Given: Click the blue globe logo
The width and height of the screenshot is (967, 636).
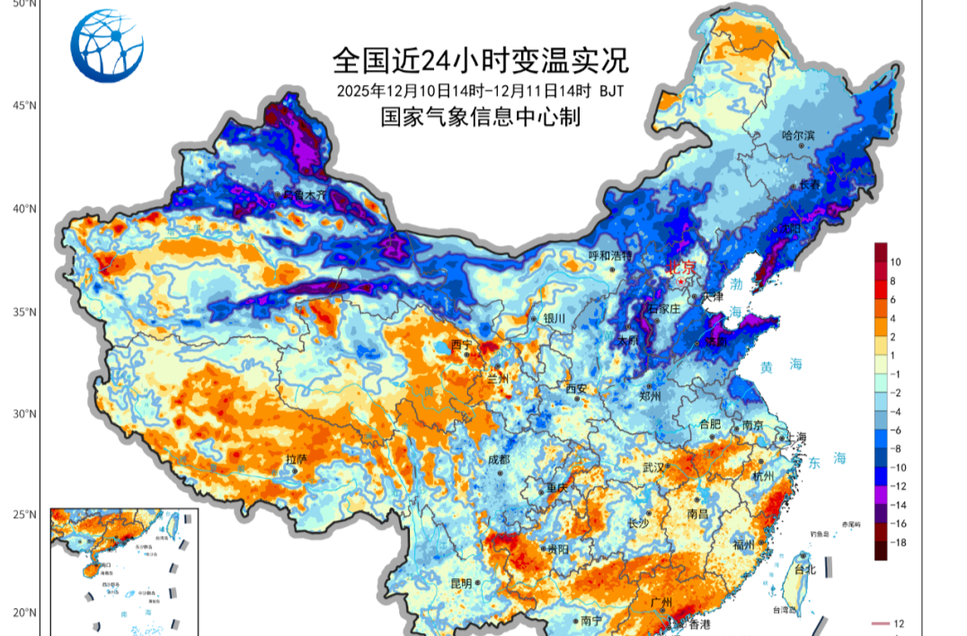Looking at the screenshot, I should [x=107, y=46].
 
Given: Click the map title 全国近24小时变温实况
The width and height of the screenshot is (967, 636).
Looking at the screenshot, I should [x=480, y=60].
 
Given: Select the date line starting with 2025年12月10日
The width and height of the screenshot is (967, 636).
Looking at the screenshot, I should [x=480, y=91].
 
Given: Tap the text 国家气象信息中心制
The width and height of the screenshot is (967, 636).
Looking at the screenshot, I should [x=480, y=117].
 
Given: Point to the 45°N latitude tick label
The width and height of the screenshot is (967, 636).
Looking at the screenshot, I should [x=24, y=105].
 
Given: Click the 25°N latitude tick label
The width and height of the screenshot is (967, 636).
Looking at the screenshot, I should [x=24, y=515].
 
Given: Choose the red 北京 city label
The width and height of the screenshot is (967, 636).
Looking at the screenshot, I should [x=680, y=268].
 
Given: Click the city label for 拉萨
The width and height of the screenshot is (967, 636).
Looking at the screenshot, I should [x=297, y=459].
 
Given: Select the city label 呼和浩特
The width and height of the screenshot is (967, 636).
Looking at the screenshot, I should [x=611, y=256].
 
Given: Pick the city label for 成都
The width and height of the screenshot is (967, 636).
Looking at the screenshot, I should [x=498, y=459].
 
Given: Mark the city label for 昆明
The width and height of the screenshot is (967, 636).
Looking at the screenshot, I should [x=461, y=583].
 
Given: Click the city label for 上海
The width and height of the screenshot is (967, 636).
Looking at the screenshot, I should [x=796, y=437].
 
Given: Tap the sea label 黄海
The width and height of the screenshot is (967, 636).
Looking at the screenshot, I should [x=781, y=365].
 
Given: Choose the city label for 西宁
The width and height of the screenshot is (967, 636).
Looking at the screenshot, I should [x=461, y=344].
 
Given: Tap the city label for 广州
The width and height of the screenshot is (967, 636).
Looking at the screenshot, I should [x=663, y=603].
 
